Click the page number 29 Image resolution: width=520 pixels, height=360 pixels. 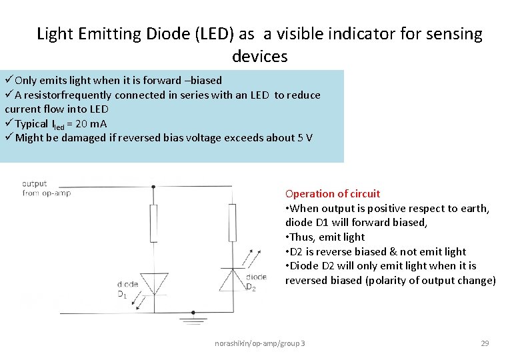(485, 343)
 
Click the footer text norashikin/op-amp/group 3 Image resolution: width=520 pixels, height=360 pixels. (260, 343)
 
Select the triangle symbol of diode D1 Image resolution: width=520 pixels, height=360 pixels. (154, 283)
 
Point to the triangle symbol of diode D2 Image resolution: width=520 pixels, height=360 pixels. (231, 278)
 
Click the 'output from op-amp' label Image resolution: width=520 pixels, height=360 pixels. (46, 188)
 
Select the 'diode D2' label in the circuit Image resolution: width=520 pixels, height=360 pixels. (255, 282)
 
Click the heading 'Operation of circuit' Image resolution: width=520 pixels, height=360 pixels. (333, 194)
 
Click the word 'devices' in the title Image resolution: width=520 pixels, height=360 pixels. (260, 56)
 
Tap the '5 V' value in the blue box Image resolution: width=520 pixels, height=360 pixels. (305, 138)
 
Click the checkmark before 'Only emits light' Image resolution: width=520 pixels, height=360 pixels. (9, 81)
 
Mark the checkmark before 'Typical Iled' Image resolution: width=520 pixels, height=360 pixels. (9, 123)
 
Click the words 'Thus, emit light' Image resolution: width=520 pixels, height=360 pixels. (327, 237)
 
